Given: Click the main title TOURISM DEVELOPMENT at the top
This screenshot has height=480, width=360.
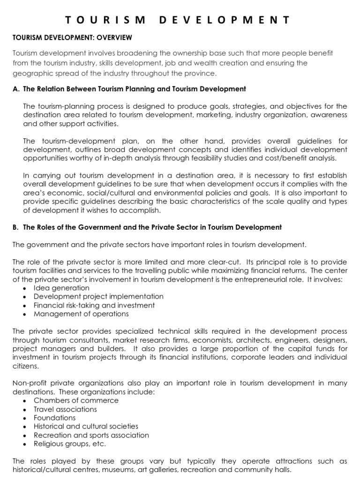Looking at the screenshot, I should (177, 20).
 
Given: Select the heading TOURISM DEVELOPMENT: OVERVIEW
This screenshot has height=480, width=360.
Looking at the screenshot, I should (72, 37).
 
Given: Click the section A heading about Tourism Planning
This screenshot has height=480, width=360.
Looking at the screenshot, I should (129, 89).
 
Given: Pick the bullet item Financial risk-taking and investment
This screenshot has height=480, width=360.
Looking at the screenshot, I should (94, 305).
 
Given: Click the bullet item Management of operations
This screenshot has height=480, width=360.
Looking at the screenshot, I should (81, 314).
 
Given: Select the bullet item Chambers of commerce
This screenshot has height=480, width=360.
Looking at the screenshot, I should (76, 400).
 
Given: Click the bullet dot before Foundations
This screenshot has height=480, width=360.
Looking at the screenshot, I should (24, 418).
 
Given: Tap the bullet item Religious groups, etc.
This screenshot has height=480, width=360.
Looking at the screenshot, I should (70, 443).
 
